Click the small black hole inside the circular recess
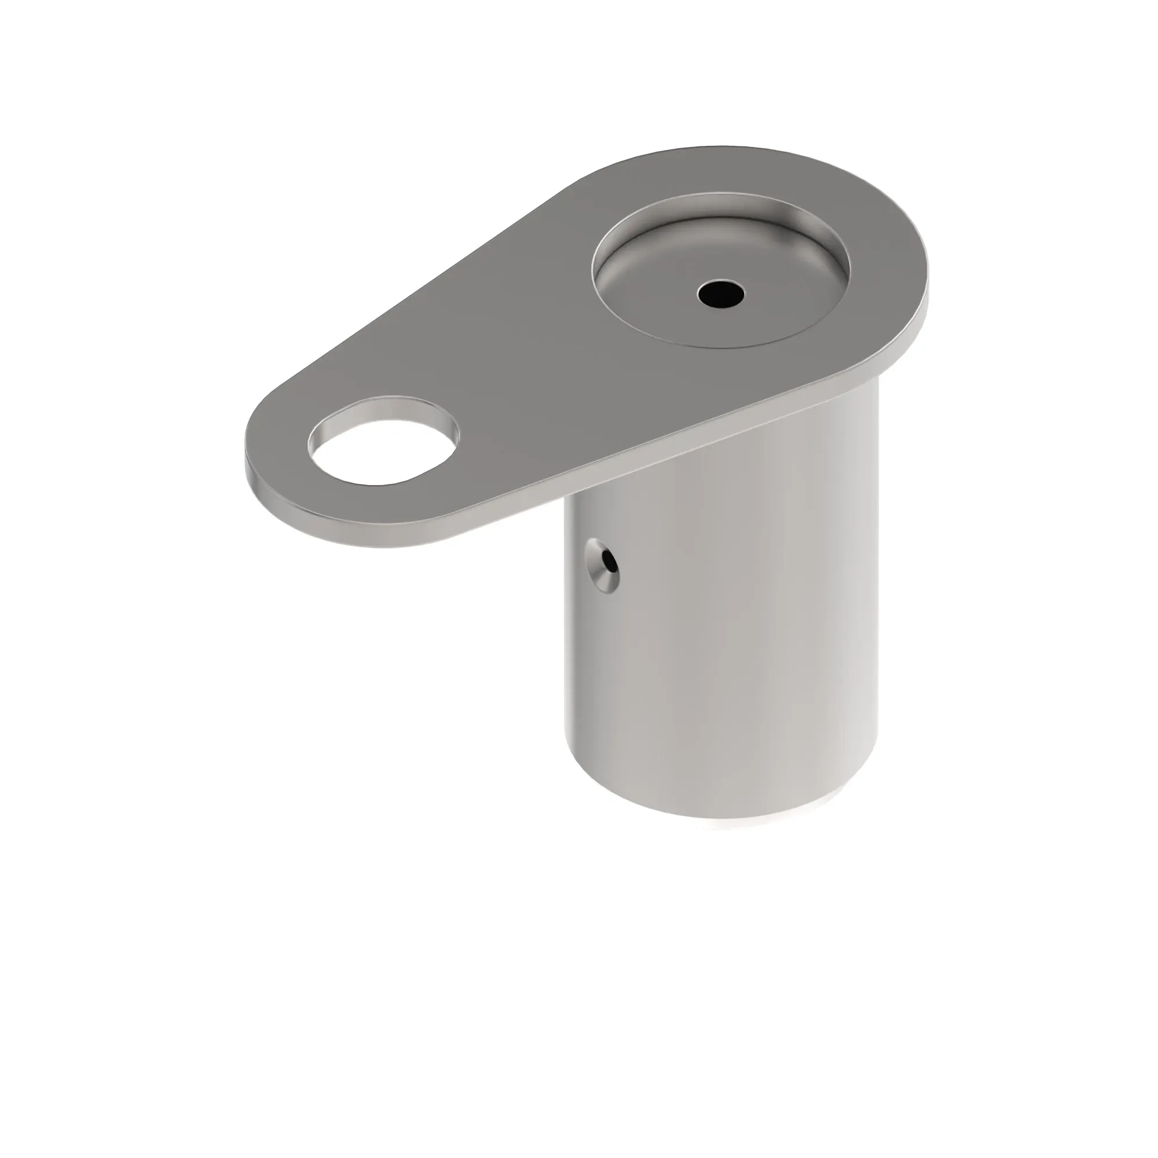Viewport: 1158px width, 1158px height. [721, 293]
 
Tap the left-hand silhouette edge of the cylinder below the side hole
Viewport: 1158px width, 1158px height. [567, 689]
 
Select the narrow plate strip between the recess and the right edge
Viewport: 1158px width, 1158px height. [887, 270]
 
